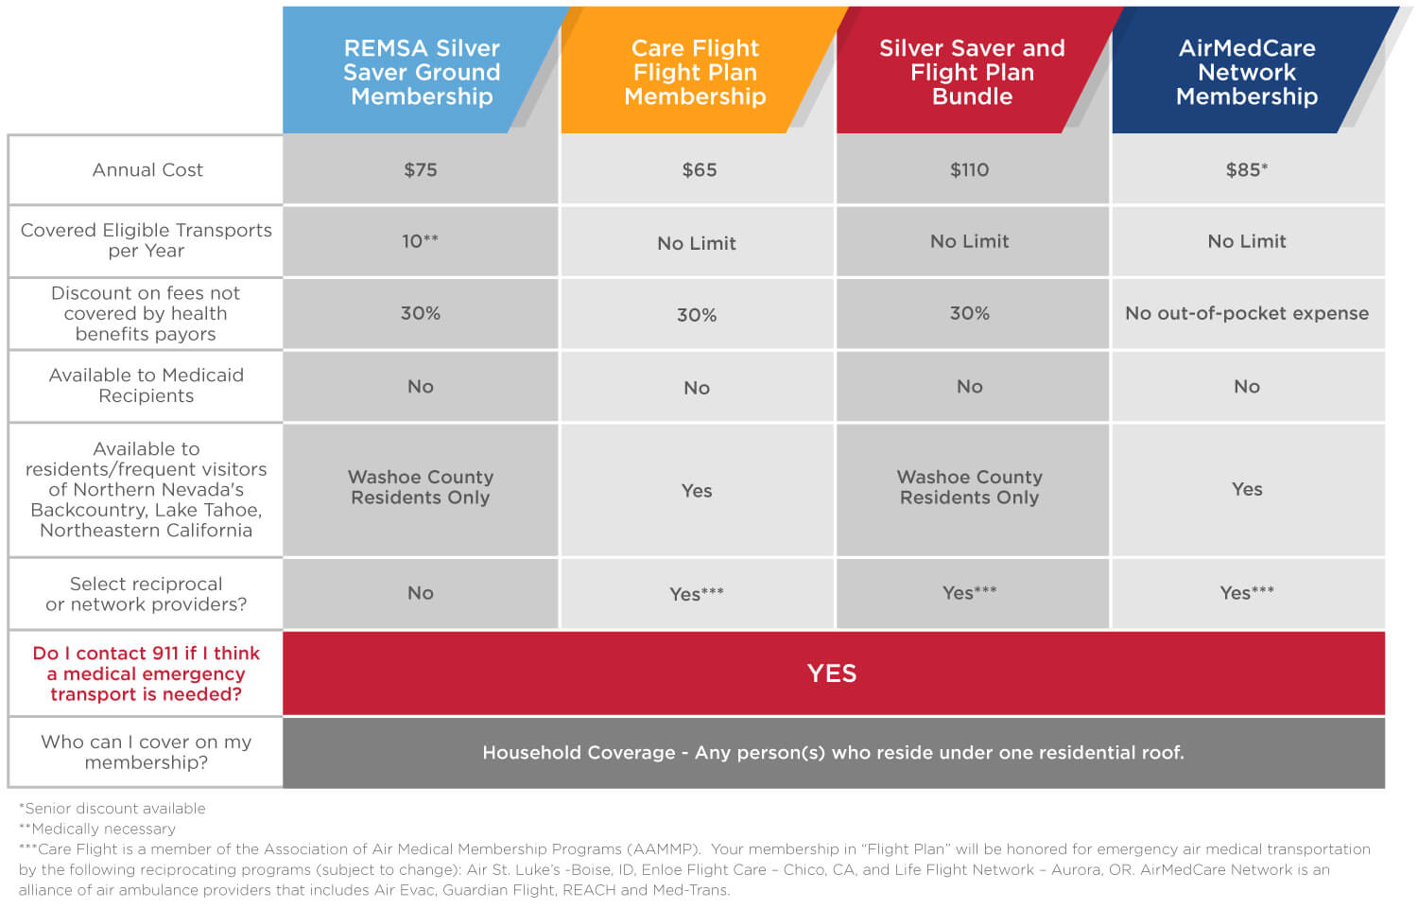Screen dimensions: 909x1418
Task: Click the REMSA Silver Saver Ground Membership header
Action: [x=422, y=72]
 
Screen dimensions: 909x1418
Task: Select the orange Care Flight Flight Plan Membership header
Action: [x=695, y=72]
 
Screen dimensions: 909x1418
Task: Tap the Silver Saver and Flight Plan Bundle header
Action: [x=972, y=72]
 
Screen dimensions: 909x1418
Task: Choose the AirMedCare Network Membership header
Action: [x=1246, y=72]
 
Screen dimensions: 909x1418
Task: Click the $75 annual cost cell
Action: [x=421, y=170]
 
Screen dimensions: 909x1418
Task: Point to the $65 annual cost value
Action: [x=700, y=170]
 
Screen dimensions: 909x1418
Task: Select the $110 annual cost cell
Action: [x=969, y=170]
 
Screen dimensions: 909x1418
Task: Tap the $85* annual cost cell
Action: [x=1246, y=170]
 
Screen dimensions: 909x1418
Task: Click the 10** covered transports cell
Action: [x=421, y=241]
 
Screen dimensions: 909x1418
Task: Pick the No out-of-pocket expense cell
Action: [x=1246, y=313]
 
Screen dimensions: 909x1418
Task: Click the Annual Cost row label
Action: [x=147, y=170]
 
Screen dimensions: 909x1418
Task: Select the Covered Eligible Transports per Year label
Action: [x=146, y=240]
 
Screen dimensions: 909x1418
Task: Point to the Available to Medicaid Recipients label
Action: [x=146, y=386]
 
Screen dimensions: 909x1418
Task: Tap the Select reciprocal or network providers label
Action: [x=146, y=594]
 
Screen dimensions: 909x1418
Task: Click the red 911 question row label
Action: [x=146, y=673]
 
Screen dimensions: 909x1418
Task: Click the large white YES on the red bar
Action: [x=832, y=673]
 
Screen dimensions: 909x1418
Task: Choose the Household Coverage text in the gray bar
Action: [x=833, y=753]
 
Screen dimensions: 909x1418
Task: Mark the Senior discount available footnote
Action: [x=112, y=809]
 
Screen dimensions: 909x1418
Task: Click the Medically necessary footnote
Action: [x=97, y=829]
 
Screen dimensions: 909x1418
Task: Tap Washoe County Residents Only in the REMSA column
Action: [x=421, y=487]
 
